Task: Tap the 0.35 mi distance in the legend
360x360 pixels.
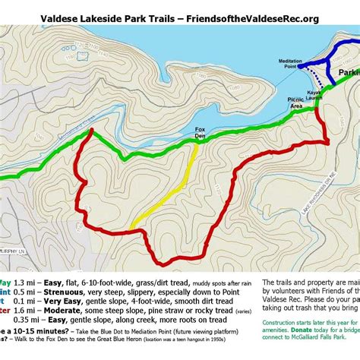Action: tap(23, 320)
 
